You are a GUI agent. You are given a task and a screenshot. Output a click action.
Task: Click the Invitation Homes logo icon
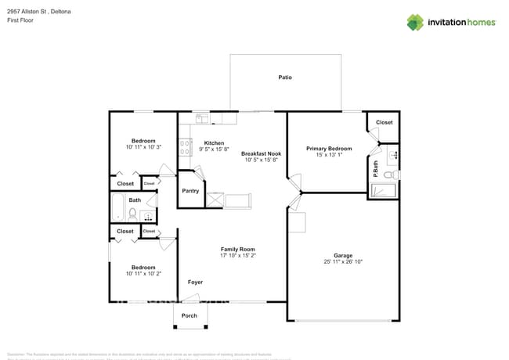pyautogui.click(x=415, y=22)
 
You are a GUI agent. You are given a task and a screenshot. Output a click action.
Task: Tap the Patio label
pyautogui.click(x=285, y=77)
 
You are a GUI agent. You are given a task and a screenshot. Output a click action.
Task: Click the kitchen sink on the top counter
pyautogui.click(x=203, y=119)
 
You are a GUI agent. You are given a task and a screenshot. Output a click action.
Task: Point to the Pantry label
pyautogui.click(x=190, y=191)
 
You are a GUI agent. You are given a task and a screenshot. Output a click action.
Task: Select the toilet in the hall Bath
pyautogui.click(x=134, y=213)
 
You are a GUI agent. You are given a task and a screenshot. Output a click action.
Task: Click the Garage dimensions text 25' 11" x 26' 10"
pyautogui.click(x=342, y=261)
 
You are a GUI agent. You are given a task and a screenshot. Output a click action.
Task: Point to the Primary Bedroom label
pyautogui.click(x=329, y=148)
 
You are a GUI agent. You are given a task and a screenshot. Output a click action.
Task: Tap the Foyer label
pyautogui.click(x=195, y=282)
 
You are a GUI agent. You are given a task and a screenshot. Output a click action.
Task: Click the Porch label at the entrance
pyautogui.click(x=190, y=315)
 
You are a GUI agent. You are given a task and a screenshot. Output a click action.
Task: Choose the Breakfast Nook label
pyautogui.click(x=261, y=153)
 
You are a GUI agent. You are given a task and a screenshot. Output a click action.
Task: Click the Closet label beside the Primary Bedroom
pyautogui.click(x=384, y=122)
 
